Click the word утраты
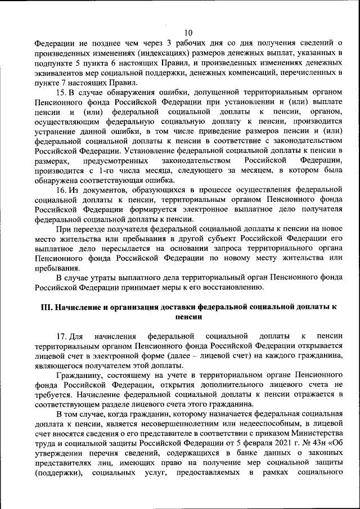point(109,277)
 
